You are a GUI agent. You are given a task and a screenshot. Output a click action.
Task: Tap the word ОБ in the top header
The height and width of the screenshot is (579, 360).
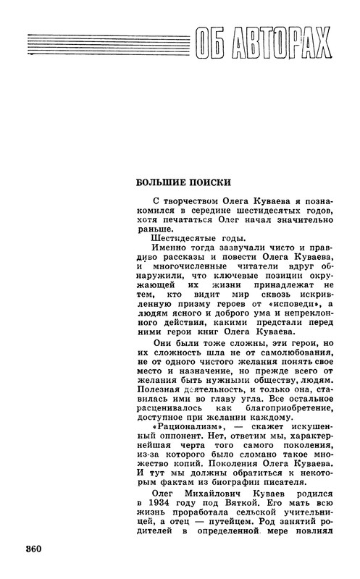pos(211,48)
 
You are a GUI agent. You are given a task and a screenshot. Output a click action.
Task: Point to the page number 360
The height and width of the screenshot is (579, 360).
pos(33,548)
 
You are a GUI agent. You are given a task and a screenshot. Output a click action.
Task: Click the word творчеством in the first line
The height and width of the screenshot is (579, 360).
pos(191,198)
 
